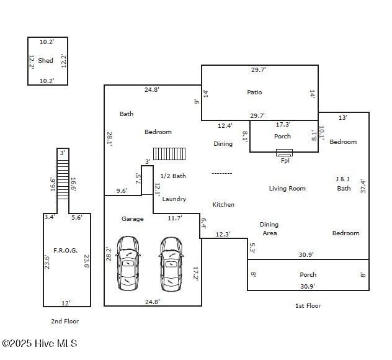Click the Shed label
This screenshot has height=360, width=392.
click(x=45, y=61)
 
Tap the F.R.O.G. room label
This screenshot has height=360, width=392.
click(x=65, y=251)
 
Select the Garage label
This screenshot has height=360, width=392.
click(x=132, y=219)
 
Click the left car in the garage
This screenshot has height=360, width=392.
click(x=128, y=263)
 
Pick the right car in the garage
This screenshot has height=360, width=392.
click(x=171, y=263)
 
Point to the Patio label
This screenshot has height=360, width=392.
click(x=254, y=92)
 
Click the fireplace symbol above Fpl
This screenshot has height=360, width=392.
click(x=285, y=152)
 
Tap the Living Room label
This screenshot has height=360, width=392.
click(x=287, y=189)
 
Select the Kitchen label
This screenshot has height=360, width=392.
click(x=223, y=205)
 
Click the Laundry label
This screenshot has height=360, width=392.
click(x=174, y=199)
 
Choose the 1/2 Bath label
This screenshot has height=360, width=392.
click(x=173, y=176)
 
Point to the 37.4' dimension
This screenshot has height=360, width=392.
click(x=363, y=186)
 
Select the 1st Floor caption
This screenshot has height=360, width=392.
click(x=308, y=305)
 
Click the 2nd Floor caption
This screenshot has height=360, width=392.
click(x=65, y=322)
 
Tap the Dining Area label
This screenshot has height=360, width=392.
click(x=269, y=229)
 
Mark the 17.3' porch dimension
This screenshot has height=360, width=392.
click(x=283, y=125)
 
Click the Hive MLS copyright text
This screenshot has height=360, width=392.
click(x=40, y=343)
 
